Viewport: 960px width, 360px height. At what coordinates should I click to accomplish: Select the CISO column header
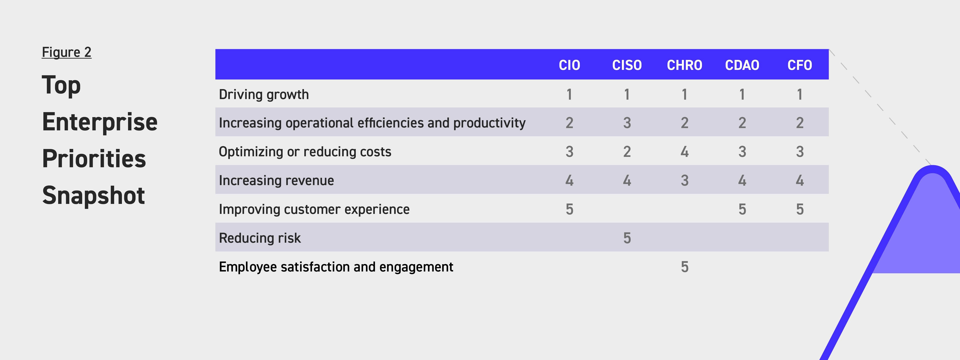point(627,65)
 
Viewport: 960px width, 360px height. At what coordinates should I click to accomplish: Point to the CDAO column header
point(742,65)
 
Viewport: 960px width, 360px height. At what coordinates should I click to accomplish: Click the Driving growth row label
point(264,95)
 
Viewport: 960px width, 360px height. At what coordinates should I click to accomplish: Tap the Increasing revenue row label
point(276,180)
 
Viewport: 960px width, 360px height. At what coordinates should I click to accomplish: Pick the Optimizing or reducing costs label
point(305,152)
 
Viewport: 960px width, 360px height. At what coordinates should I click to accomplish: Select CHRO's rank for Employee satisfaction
point(685,267)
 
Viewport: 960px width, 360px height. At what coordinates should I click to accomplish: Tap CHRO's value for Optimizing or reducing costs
point(685,152)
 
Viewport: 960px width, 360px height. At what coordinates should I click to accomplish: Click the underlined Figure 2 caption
point(66,52)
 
